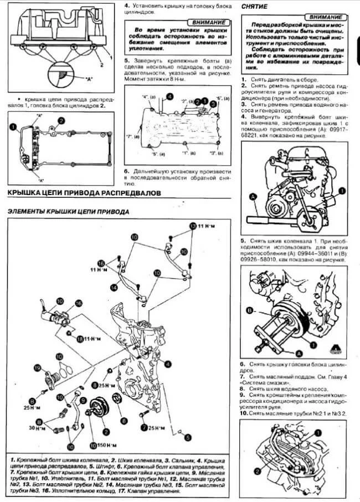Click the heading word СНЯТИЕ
point(256,6)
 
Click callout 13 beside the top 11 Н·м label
point(193,226)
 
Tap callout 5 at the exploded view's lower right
point(188,437)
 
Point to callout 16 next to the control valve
point(78,303)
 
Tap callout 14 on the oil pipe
point(112,287)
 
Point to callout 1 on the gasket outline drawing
point(12,127)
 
